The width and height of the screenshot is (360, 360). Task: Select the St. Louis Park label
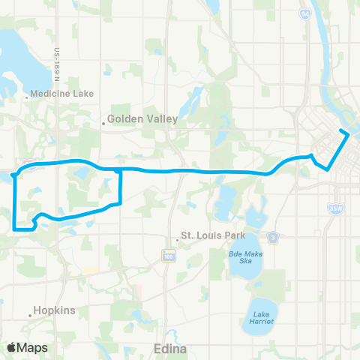click(218, 235)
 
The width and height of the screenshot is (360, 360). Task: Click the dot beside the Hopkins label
click(31, 315)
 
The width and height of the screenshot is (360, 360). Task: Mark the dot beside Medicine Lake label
click(27, 95)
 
